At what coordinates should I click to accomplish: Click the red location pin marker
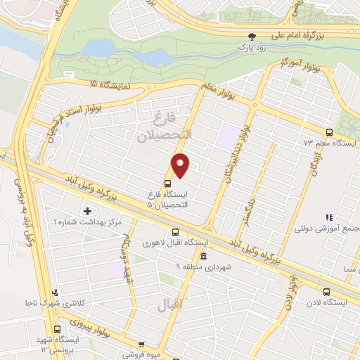point(181,165)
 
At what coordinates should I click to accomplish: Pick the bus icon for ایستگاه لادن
point(325,292)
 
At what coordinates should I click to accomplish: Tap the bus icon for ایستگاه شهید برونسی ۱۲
point(56,329)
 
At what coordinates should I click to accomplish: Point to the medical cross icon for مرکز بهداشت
point(87,211)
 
